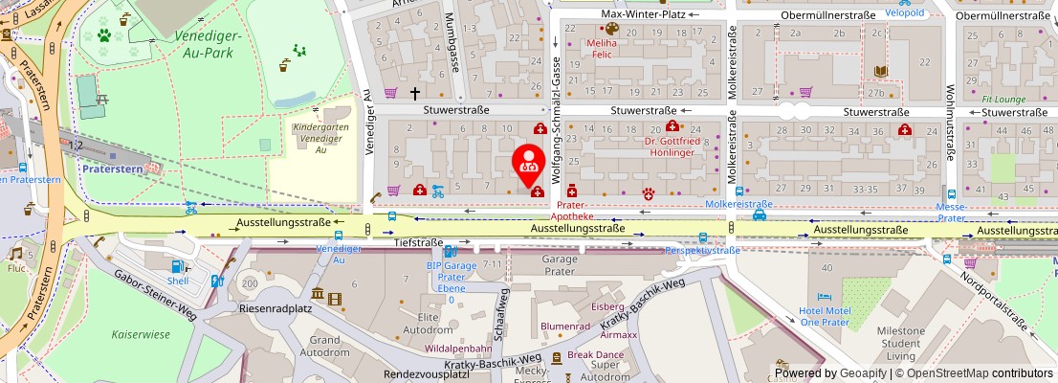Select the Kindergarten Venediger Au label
click(321, 138)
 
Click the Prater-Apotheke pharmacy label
click(583, 211)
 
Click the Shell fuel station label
click(179, 282)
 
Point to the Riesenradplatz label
click(277, 310)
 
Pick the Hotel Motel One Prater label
click(824, 317)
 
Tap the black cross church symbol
click(415, 93)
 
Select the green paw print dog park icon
click(102, 36)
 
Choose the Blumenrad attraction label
click(565, 326)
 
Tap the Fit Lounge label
click(1003, 99)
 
